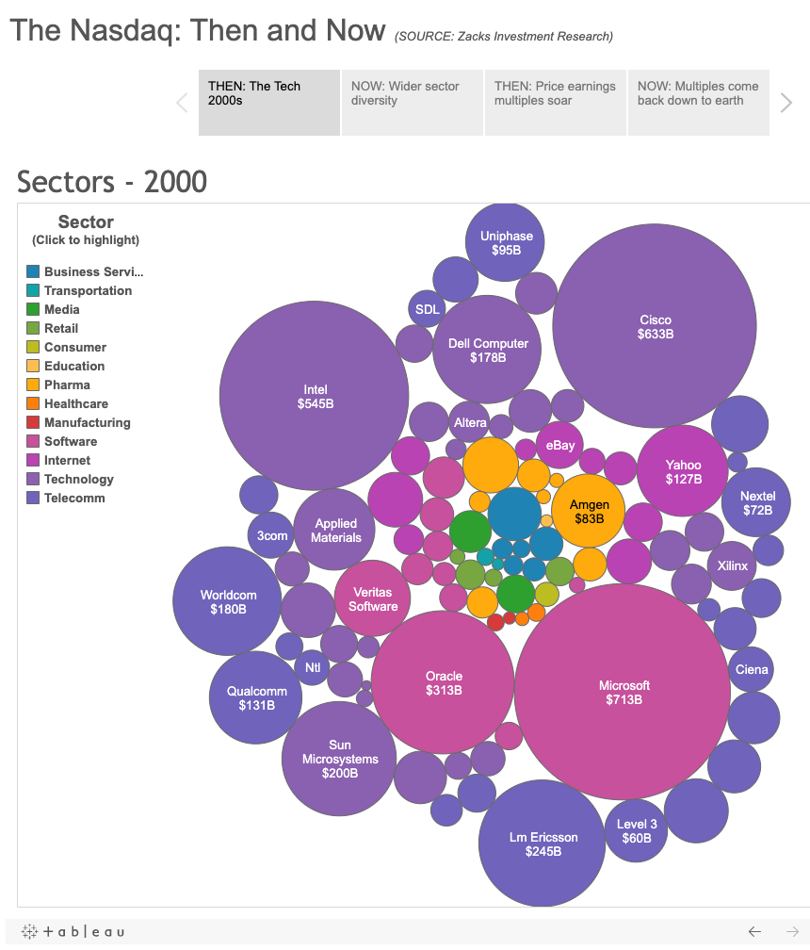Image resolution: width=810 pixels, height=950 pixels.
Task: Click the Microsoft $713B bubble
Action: pyautogui.click(x=623, y=692)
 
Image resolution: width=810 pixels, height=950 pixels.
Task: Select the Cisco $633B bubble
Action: pyautogui.click(x=655, y=326)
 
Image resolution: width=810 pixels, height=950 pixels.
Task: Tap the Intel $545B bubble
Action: pyautogui.click(x=314, y=396)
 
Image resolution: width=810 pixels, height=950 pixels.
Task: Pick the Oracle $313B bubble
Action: pyautogui.click(x=443, y=682)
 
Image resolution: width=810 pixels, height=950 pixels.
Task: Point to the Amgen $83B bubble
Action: pyautogui.click(x=589, y=511)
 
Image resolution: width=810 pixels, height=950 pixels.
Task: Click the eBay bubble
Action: pyautogui.click(x=559, y=445)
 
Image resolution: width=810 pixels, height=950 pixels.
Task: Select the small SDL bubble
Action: pyautogui.click(x=427, y=308)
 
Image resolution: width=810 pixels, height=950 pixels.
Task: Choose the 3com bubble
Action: pyautogui.click(x=272, y=535)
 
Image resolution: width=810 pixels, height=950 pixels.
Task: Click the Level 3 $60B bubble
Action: pyautogui.click(x=637, y=830)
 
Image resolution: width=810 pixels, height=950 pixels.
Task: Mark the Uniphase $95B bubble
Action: pyautogui.click(x=506, y=242)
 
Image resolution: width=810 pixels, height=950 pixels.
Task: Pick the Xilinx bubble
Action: pyautogui.click(x=732, y=565)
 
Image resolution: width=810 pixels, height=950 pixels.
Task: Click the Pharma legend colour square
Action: pyautogui.click(x=33, y=385)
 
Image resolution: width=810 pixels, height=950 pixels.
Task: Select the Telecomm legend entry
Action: pyautogui.click(x=74, y=498)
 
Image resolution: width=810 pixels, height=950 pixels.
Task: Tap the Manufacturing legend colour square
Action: pyautogui.click(x=33, y=422)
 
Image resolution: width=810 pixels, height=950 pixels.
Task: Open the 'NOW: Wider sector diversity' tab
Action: pyautogui.click(x=413, y=102)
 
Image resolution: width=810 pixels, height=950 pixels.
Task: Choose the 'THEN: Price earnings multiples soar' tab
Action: pyautogui.click(x=556, y=102)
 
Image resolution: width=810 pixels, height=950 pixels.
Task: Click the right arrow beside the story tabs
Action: pyautogui.click(x=786, y=103)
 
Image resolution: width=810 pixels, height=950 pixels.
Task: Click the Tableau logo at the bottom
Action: pyautogui.click(x=73, y=931)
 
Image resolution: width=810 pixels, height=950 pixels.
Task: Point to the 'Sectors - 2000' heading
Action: pyautogui.click(x=112, y=181)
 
